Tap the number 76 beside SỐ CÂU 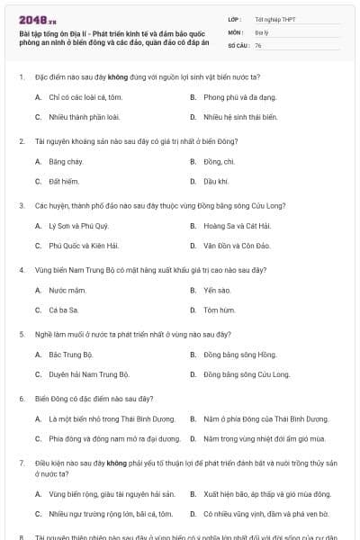258,44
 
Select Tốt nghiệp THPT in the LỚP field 274,18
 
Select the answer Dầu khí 215,181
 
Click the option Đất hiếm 65,181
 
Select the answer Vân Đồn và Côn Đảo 238,245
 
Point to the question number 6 21,398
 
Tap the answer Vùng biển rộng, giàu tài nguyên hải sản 112,494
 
